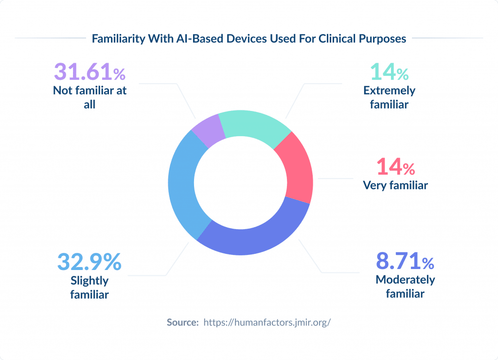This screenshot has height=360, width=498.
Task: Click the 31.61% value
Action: click(x=89, y=72)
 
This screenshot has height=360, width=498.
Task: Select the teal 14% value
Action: click(x=389, y=72)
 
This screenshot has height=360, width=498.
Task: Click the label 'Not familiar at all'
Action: click(x=89, y=97)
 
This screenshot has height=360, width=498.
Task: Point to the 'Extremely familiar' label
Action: click(x=389, y=97)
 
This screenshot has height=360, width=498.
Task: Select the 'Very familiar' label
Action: click(x=395, y=185)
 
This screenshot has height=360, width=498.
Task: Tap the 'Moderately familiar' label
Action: click(x=405, y=287)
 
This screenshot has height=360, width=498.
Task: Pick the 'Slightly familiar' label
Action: click(x=89, y=288)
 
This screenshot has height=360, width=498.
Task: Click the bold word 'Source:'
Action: click(x=182, y=322)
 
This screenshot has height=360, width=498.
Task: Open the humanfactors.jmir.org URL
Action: click(x=267, y=322)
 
